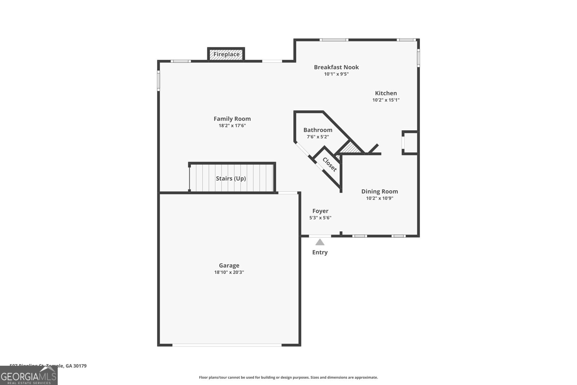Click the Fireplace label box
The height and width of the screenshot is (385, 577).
pyautogui.click(x=226, y=54)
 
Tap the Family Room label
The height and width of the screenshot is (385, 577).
pyautogui.click(x=232, y=119)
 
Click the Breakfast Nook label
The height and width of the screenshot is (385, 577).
pyautogui.click(x=336, y=67)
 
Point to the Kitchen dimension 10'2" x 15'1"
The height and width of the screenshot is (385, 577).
pyautogui.click(x=386, y=100)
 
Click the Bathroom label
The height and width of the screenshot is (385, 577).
pyautogui.click(x=318, y=130)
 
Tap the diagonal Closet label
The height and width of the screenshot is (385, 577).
pyautogui.click(x=329, y=164)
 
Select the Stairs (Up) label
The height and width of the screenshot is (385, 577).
pyautogui.click(x=231, y=178)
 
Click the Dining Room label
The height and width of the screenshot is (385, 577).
pyautogui.click(x=379, y=191)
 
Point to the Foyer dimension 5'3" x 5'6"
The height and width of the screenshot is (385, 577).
pyautogui.click(x=320, y=218)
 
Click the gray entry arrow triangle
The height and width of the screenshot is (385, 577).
pyautogui.click(x=320, y=242)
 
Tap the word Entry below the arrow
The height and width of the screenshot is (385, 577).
pyautogui.click(x=320, y=252)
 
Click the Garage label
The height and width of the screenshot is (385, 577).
pyautogui.click(x=229, y=265)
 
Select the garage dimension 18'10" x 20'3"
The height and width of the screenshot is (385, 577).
pyautogui.click(x=229, y=272)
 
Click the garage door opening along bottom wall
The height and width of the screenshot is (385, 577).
pyautogui.click(x=227, y=345)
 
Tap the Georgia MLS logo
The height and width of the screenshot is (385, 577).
pyautogui.click(x=28, y=376)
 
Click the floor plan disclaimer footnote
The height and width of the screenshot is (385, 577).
pyautogui.click(x=288, y=377)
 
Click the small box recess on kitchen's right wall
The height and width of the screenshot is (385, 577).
pyautogui.click(x=410, y=143)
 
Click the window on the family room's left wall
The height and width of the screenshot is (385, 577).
pyautogui.click(x=158, y=80)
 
